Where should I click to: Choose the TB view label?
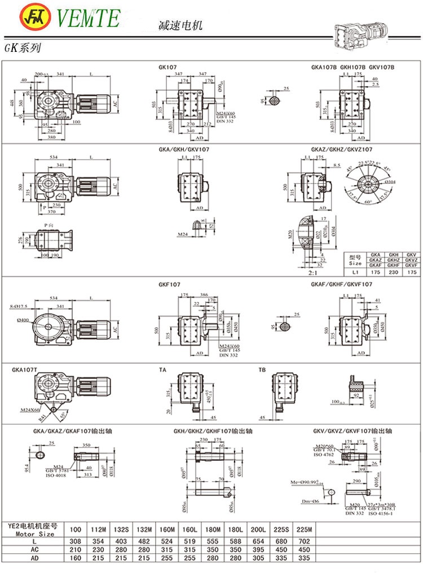click(262, 370)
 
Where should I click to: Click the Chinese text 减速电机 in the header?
click(178, 25)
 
